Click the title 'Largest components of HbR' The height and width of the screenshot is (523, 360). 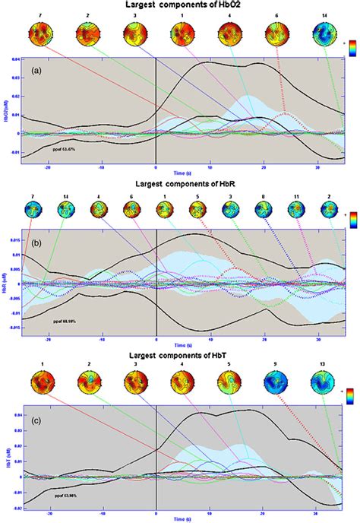coord(180,185)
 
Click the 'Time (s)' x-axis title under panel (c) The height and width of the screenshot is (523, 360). coord(180,519)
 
